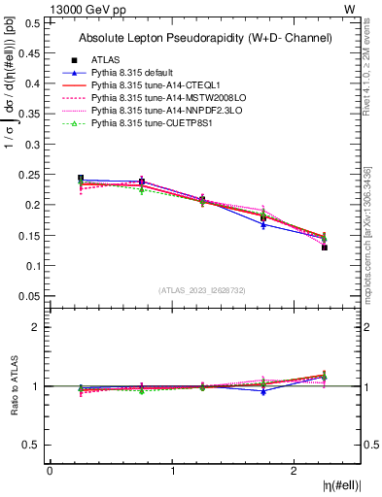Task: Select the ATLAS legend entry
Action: pyautogui.click(x=107, y=59)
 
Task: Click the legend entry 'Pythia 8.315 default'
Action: pyautogui.click(x=133, y=72)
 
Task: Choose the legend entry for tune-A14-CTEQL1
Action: pyautogui.click(x=154, y=85)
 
